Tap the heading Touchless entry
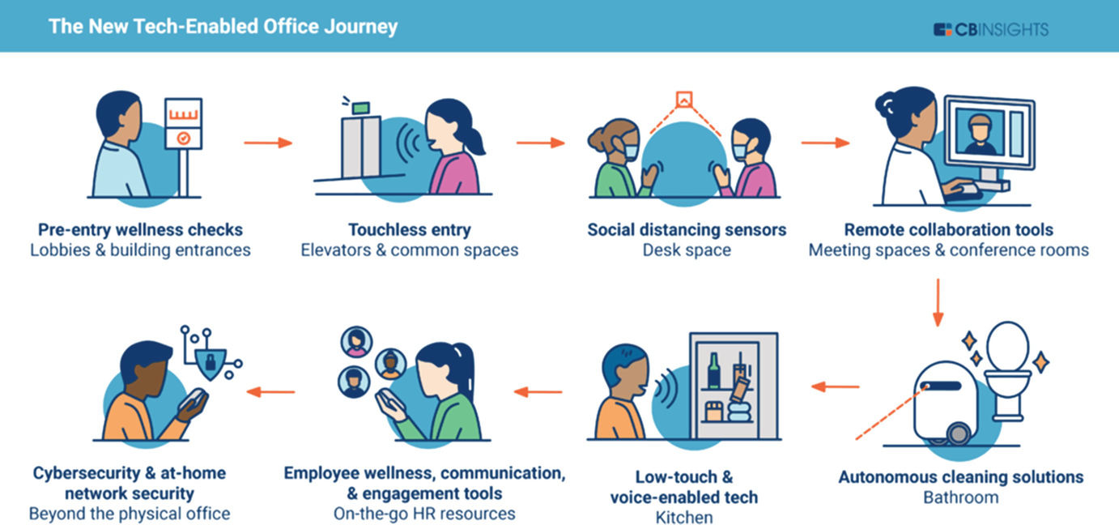(x=409, y=229)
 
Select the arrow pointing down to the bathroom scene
(x=937, y=302)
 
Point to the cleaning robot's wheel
(x=958, y=433)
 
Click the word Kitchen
(x=684, y=517)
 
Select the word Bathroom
(x=960, y=497)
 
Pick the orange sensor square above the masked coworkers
(x=684, y=99)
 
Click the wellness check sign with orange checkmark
(x=183, y=123)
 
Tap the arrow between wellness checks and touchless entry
(x=267, y=143)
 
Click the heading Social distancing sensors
(x=687, y=229)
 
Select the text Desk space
(x=687, y=250)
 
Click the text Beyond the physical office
(x=130, y=514)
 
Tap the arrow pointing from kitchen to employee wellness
(x=538, y=392)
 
